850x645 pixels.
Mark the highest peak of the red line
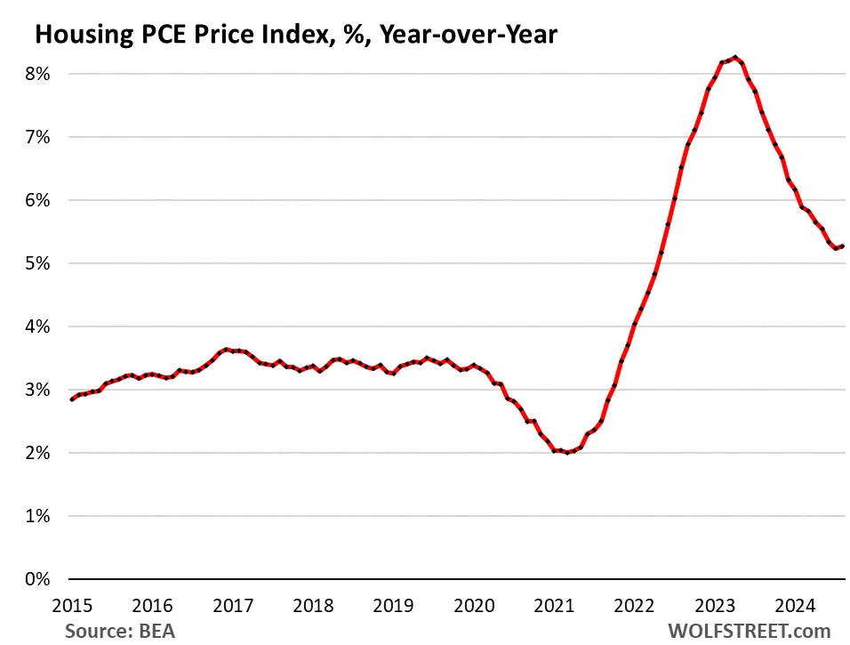[734, 58]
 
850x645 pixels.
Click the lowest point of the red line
[567, 453]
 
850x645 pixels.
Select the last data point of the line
[842, 246]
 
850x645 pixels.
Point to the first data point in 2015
[72, 399]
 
